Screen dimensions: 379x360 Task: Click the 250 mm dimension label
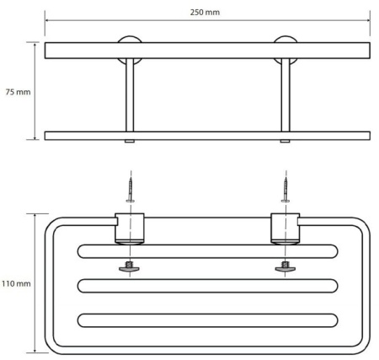coord(205,13)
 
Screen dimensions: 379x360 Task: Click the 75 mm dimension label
coord(18,92)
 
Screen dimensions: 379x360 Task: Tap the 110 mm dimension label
coord(16,283)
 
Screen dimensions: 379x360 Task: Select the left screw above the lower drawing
coord(130,190)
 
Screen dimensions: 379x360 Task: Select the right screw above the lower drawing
coord(286,190)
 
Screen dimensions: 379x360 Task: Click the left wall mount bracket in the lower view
coord(130,228)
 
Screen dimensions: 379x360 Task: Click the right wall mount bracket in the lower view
coord(286,228)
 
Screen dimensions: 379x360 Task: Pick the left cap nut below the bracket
coord(129,267)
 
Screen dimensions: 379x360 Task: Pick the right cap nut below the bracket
coord(286,267)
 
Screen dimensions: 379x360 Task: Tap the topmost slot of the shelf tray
coord(208,251)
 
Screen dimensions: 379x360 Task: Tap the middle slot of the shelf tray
coord(208,286)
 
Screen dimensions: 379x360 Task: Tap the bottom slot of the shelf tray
coord(208,320)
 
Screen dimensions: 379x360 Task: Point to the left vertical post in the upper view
coord(130,95)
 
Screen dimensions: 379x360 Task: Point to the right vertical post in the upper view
coord(286,95)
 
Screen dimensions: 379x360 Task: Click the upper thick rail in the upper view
coord(207,51)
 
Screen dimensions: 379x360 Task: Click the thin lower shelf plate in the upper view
coord(207,136)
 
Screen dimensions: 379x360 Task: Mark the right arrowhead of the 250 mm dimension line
coord(368,20)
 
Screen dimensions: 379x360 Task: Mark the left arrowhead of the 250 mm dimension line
coord(47,20)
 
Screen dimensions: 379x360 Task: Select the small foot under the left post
coord(130,142)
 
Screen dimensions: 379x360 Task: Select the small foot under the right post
coord(285,142)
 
